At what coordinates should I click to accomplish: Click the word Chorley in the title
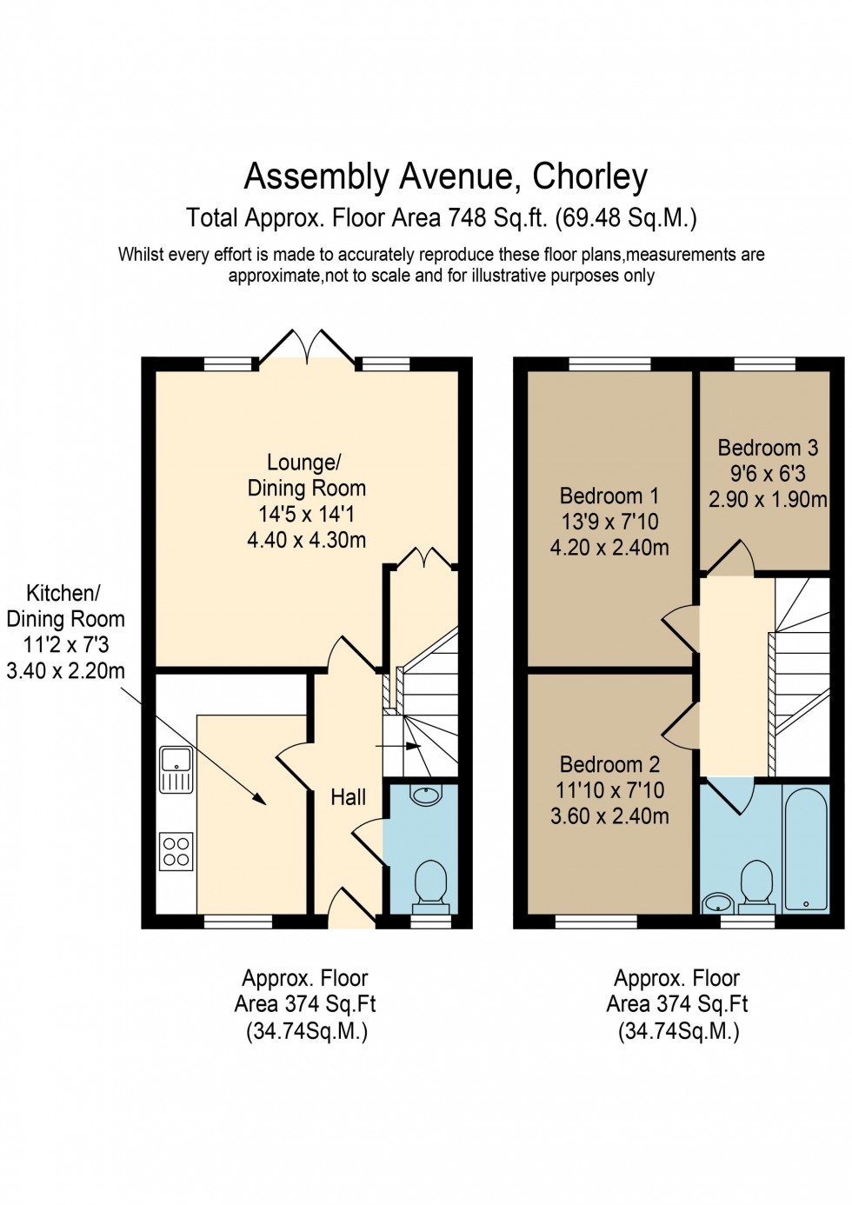pyautogui.click(x=589, y=176)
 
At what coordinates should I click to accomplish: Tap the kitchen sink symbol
pyautogui.click(x=176, y=769)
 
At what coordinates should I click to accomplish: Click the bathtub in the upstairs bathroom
pyautogui.click(x=805, y=849)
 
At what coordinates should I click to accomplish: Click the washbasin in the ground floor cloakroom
pyautogui.click(x=426, y=795)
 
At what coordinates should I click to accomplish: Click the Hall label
pyautogui.click(x=348, y=797)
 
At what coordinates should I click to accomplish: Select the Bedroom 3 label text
pyautogui.click(x=768, y=448)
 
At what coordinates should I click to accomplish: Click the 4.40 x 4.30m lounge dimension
pyautogui.click(x=306, y=540)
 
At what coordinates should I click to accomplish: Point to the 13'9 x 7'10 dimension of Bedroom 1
pyautogui.click(x=609, y=522)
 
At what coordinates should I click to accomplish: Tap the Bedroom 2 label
pyautogui.click(x=609, y=764)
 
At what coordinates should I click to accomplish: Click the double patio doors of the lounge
pyautogui.click(x=307, y=346)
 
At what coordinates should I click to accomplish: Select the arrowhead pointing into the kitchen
pyautogui.click(x=260, y=800)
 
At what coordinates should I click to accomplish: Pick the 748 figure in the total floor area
pyautogui.click(x=467, y=217)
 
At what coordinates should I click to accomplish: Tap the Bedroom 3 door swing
pyautogui.click(x=730, y=558)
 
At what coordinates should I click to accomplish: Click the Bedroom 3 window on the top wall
pyautogui.click(x=764, y=364)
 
